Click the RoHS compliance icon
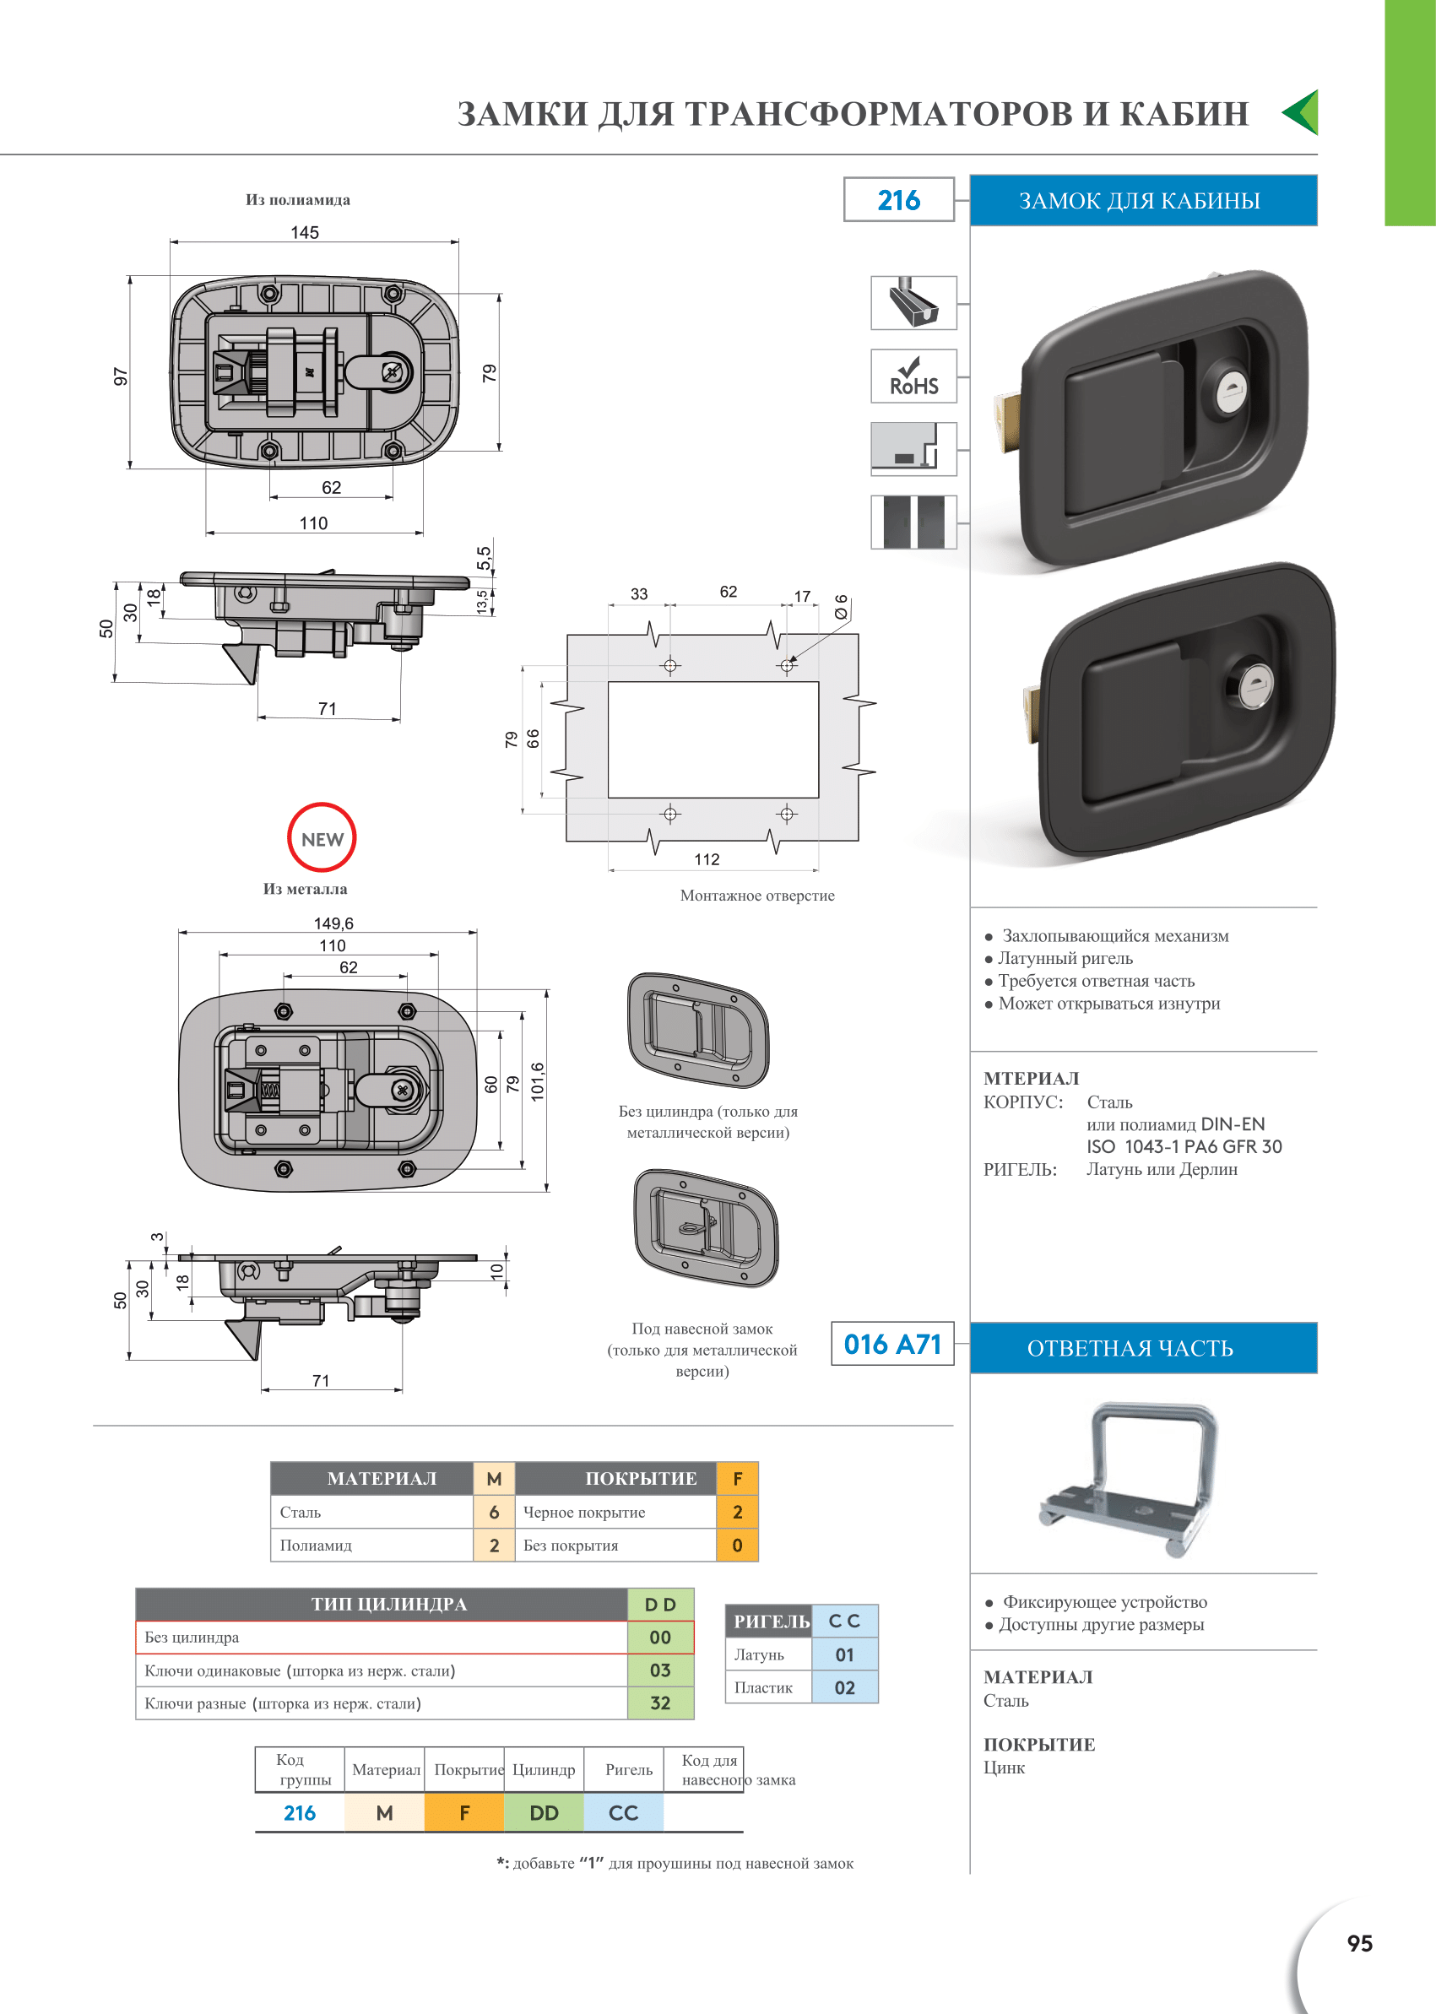913,376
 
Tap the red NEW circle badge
322,837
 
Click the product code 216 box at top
898,200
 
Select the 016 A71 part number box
892,1344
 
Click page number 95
1359,1943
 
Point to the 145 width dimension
305,232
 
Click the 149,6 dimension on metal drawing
333,923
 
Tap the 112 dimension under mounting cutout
707,859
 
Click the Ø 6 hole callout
840,607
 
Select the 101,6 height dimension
538,1082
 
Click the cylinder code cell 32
660,1703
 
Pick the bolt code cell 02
844,1686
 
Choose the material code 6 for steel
495,1512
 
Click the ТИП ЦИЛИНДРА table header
388,1604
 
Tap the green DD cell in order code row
544,1812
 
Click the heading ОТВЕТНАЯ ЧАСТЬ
1130,1348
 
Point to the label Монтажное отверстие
757,896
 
